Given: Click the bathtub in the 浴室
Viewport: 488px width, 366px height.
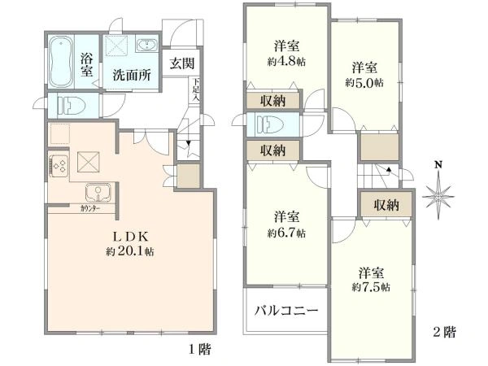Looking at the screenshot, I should tap(61, 62).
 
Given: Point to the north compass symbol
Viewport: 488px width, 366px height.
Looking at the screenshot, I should tap(438, 194).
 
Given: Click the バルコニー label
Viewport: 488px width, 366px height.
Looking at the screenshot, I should tap(281, 310).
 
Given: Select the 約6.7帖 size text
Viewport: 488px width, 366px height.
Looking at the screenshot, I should tap(287, 233).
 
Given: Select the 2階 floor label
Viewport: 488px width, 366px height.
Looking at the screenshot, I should tap(444, 332).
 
